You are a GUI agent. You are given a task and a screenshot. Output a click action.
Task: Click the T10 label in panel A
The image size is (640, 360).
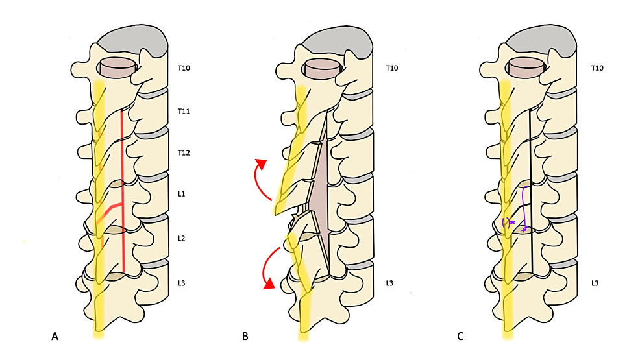184,67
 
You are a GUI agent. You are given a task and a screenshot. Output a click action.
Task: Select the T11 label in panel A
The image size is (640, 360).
184,112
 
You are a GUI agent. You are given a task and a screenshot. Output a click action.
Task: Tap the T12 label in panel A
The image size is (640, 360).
184,153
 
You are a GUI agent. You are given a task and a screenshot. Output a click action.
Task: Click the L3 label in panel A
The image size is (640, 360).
183,283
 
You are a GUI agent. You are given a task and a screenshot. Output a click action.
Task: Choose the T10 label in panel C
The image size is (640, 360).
597,67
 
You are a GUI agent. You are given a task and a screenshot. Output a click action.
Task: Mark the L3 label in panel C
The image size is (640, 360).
596,283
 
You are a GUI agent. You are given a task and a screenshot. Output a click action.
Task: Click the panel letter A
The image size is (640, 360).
55,336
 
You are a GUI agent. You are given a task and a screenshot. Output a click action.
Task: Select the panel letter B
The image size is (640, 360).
245,336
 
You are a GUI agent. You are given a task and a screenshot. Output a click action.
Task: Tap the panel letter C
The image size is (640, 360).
460,336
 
